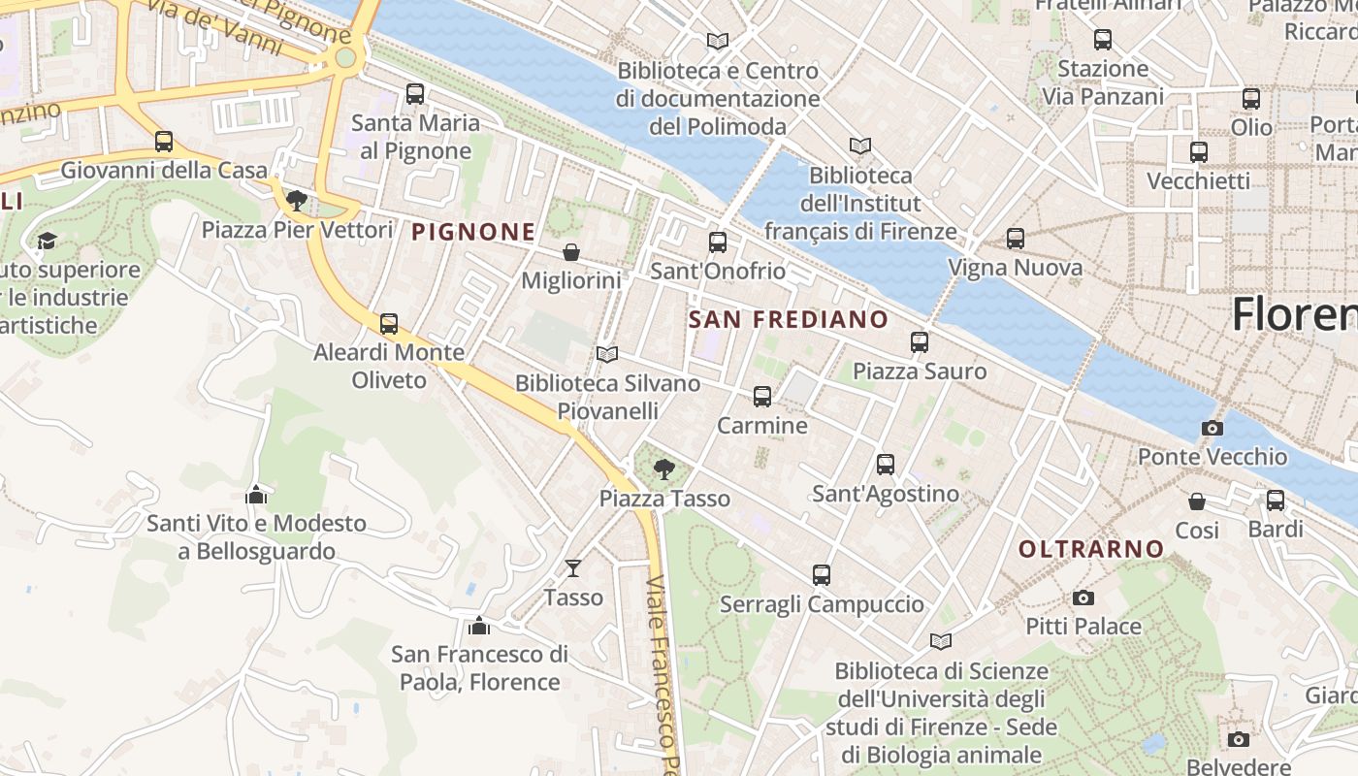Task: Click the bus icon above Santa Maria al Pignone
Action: pos(415,94)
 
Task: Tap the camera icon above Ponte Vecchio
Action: pos(1212,428)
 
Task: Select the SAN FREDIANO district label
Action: pos(788,319)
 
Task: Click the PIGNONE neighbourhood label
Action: pos(473,232)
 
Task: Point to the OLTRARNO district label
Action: pos(1091,549)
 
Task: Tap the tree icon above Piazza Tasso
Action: pos(664,470)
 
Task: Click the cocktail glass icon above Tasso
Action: pos(573,568)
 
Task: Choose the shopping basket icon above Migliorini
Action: pos(571,252)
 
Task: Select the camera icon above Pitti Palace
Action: pos(1083,598)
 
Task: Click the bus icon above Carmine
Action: pos(762,397)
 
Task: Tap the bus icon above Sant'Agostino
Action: pos(886,465)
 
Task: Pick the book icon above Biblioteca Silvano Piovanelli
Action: pos(607,355)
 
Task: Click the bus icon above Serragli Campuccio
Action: pos(822,575)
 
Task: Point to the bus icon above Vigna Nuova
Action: pos(1016,239)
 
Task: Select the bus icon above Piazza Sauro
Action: pos(920,342)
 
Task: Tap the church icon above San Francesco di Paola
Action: pos(478,626)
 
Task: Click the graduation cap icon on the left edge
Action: pos(46,241)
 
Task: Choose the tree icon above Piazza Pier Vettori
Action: pos(297,201)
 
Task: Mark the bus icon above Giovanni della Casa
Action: pos(164,142)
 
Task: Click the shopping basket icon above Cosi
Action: pos(1197,501)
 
